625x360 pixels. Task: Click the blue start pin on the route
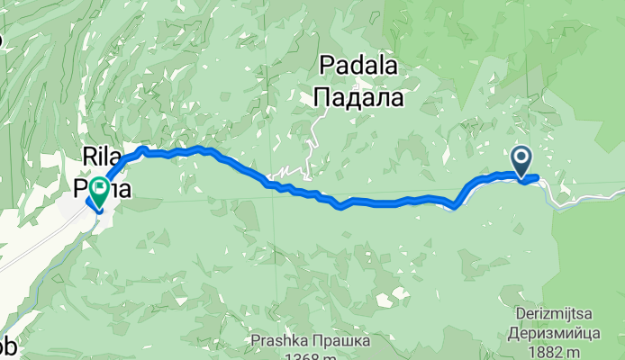pyautogui.click(x=522, y=162)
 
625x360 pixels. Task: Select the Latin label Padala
pyautogui.click(x=359, y=66)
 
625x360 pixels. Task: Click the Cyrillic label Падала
pyautogui.click(x=359, y=96)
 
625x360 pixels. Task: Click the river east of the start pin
pyautogui.click(x=585, y=198)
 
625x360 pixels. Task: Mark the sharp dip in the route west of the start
pyautogui.click(x=455, y=206)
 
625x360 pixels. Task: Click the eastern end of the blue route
pyautogui.click(x=537, y=177)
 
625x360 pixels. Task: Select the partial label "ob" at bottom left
pyautogui.click(x=7, y=350)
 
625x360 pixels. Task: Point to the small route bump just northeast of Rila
pyautogui.click(x=142, y=148)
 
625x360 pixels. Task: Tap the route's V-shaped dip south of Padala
pyautogui.click(x=340, y=207)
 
